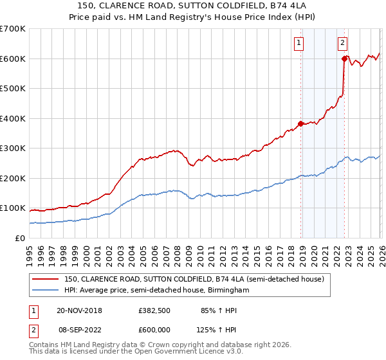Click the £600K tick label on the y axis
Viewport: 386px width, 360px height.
pyautogui.click(x=13, y=59)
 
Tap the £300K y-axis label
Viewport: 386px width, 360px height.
pyautogui.click(x=13, y=148)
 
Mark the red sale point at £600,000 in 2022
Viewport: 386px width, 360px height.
pyautogui.click(x=344, y=59)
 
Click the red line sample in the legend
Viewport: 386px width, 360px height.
pyautogui.click(x=45, y=279)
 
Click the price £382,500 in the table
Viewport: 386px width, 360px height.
pyautogui.click(x=154, y=310)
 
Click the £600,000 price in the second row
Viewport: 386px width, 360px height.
pyautogui.click(x=154, y=329)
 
